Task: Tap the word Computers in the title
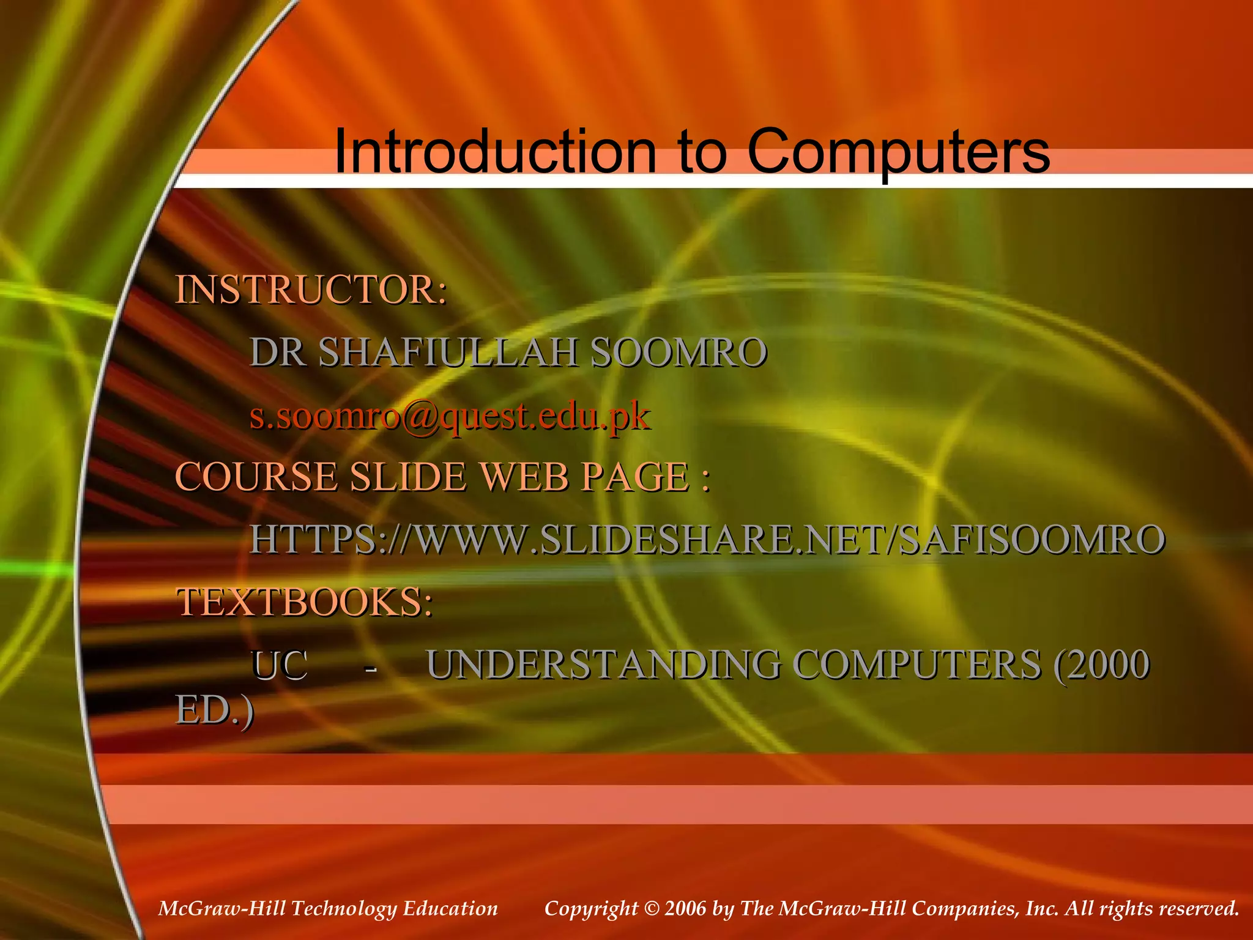click(898, 152)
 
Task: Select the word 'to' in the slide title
click(703, 152)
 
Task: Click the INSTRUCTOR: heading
click(311, 290)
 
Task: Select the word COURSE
click(256, 477)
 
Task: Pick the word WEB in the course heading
click(524, 477)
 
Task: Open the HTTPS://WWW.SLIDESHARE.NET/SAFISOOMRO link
click(707, 540)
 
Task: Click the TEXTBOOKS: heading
click(305, 602)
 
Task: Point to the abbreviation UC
click(279, 665)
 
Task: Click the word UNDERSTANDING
click(603, 665)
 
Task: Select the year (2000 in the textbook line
click(1101, 665)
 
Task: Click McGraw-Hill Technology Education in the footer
click(328, 908)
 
